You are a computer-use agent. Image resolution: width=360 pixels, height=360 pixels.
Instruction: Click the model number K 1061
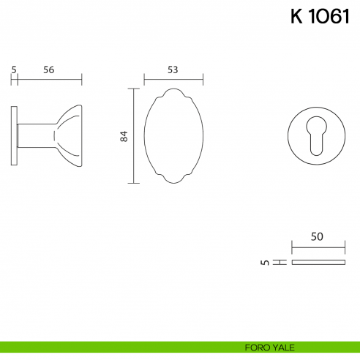(x=320, y=16)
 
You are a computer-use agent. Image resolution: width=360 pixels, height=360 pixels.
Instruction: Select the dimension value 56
(x=49, y=70)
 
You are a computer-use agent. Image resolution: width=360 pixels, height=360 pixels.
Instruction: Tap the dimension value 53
(x=173, y=70)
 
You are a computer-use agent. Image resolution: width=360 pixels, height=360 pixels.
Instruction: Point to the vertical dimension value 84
(x=124, y=136)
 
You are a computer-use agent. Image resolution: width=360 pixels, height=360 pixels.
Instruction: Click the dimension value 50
(x=317, y=236)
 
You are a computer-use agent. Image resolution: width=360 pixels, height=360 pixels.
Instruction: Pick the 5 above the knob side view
(x=14, y=70)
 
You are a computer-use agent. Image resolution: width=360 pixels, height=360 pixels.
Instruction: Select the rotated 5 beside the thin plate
(x=265, y=263)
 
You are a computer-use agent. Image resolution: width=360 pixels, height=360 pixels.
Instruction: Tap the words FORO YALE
(x=269, y=348)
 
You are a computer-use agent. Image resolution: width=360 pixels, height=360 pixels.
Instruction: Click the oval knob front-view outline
(x=144, y=136)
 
